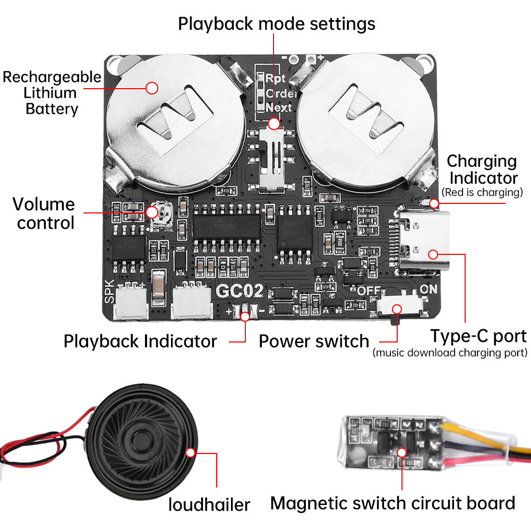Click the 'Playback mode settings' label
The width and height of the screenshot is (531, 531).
coord(276,23)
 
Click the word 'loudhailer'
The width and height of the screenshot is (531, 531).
coord(209,504)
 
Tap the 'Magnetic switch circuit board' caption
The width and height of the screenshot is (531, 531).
coord(392,503)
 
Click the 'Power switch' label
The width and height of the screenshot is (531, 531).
coord(313,341)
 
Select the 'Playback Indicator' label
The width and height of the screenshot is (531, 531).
coord(140,341)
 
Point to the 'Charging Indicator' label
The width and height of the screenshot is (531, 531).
coord(482,169)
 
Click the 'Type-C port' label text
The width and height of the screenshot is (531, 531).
coord(478,336)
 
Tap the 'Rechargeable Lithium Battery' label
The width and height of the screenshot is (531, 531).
coord(52,93)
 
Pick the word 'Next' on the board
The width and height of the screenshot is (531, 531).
coord(279,107)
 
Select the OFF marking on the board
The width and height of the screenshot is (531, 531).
coord(370,290)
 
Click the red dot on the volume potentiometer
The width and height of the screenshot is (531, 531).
coord(152,212)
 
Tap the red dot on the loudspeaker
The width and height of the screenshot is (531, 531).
coord(191,453)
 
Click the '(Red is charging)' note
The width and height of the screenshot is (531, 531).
coord(482,192)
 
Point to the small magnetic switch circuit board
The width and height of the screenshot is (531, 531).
coord(390,441)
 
